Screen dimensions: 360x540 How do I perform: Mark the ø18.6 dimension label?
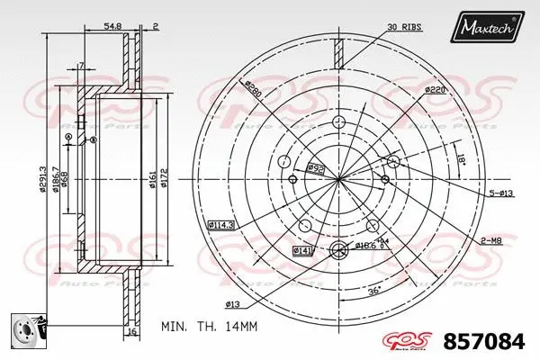(364, 245)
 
